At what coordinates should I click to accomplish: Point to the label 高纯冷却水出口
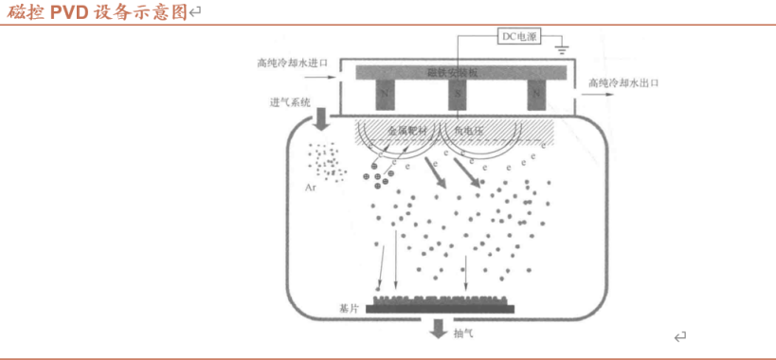pos(623,83)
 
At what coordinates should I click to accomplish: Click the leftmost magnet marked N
pos(385,95)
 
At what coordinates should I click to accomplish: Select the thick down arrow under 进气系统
pos(320,119)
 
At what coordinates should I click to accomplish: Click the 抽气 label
pos(463,333)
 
